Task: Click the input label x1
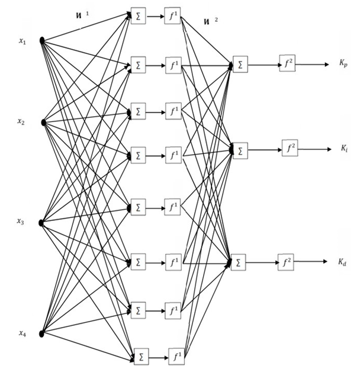pos(22,41)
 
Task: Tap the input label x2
pos(21,122)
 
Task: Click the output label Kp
pos(343,62)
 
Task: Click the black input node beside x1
pos(42,40)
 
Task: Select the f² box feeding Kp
pos(287,63)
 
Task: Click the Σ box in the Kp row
pos(240,63)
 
